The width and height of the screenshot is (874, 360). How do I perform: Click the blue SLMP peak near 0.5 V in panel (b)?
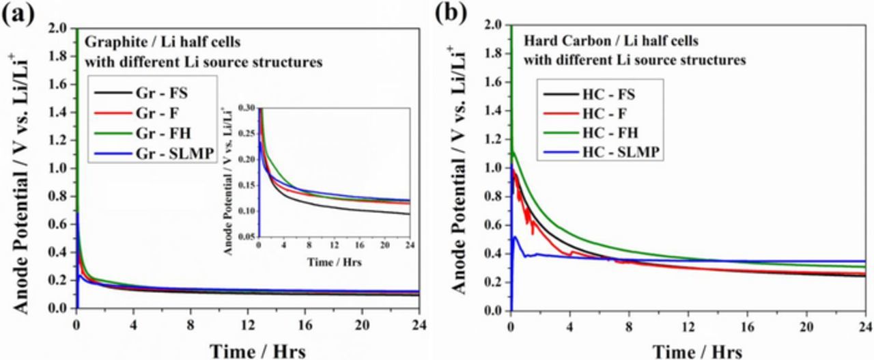[516, 237]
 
